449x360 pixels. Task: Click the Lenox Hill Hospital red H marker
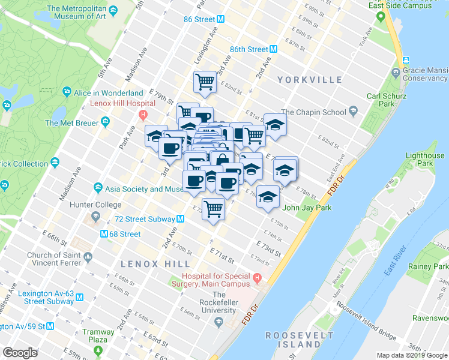tap(142, 115)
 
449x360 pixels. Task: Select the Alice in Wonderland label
tap(108, 93)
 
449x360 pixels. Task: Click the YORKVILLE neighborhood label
tap(310, 80)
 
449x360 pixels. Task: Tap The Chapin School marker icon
tap(353, 112)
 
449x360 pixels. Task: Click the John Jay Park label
tap(306, 208)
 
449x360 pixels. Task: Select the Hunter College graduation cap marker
tap(95, 216)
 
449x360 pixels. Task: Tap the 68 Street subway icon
tap(104, 234)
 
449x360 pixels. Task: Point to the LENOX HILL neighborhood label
tap(155, 264)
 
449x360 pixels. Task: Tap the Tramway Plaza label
tap(99, 336)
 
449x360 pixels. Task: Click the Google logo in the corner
tap(20, 352)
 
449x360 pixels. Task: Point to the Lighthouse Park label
tap(425, 159)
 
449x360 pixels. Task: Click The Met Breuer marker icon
tap(106, 122)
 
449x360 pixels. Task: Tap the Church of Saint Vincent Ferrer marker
tap(88, 257)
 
